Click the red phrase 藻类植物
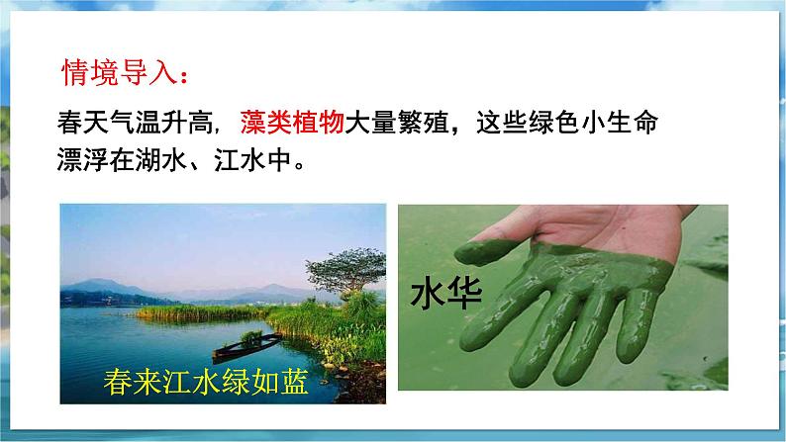(x=291, y=125)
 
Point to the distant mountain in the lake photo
(x=99, y=288)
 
